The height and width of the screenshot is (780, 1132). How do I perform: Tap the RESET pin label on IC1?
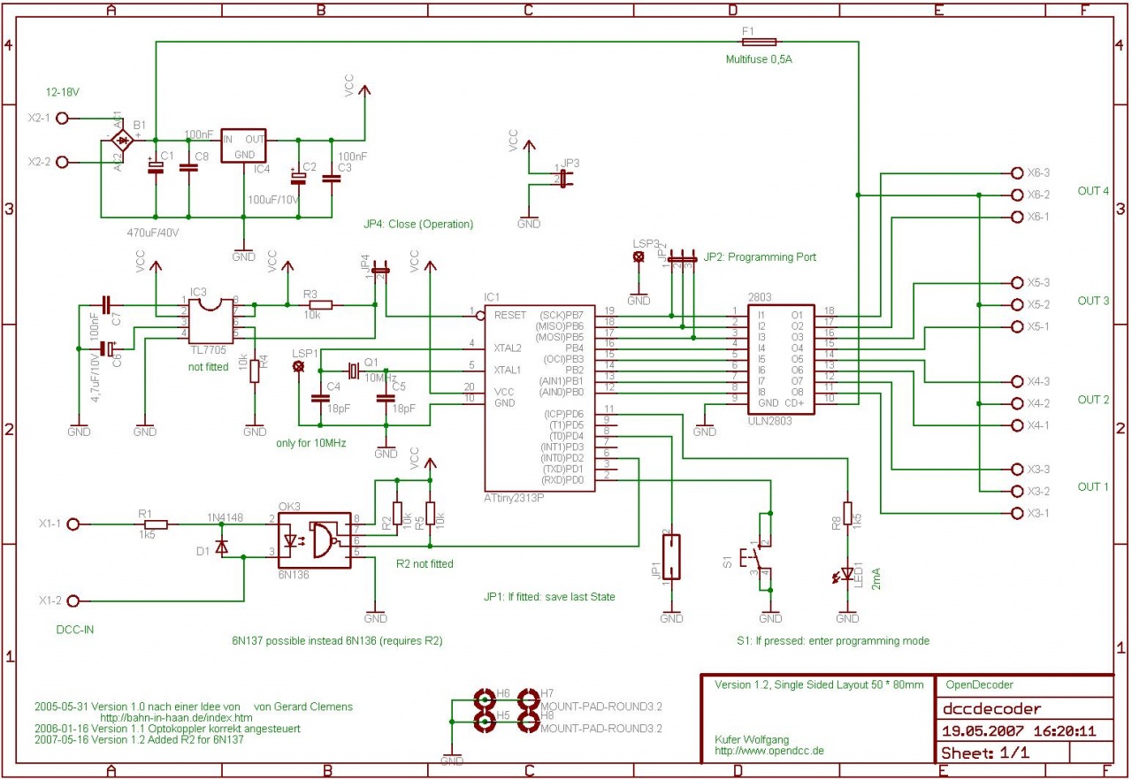tap(511, 315)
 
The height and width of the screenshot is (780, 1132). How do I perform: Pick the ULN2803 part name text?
tap(769, 422)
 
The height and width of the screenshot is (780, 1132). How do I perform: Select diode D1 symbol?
tap(221, 547)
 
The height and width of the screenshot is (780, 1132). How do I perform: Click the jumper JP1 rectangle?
tap(672, 556)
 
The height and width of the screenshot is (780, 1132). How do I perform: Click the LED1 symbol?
tap(847, 576)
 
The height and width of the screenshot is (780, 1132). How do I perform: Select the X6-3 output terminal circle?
tap(1015, 172)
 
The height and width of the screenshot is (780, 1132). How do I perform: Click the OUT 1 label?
tap(1093, 486)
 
